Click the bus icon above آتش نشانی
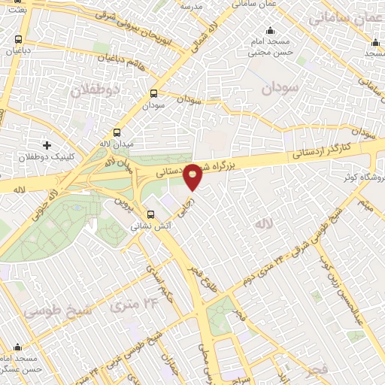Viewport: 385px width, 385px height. (x=150, y=214)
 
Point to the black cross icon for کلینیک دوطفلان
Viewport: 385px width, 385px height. (x=47, y=144)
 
